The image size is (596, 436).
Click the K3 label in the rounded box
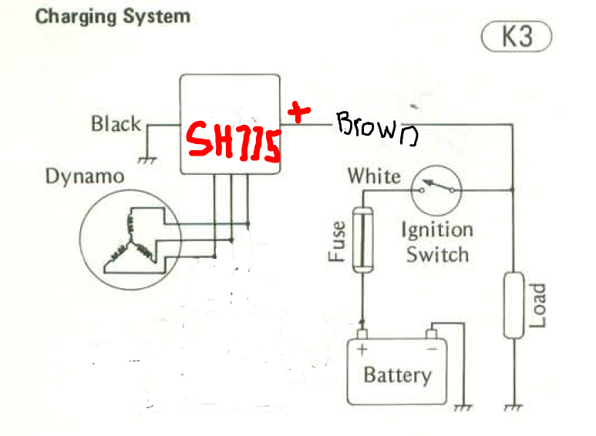point(517,36)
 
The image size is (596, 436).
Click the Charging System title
point(113,15)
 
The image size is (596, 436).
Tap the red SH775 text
point(231,143)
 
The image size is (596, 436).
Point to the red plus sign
point(298,113)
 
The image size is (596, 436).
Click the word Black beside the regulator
point(116,123)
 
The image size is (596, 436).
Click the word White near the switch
point(374,176)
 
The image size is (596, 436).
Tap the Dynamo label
point(84,176)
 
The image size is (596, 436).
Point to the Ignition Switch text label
point(437,242)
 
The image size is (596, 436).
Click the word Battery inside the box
point(397,376)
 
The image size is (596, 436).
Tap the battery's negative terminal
point(432,334)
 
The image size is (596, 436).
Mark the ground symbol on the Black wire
point(143,159)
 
